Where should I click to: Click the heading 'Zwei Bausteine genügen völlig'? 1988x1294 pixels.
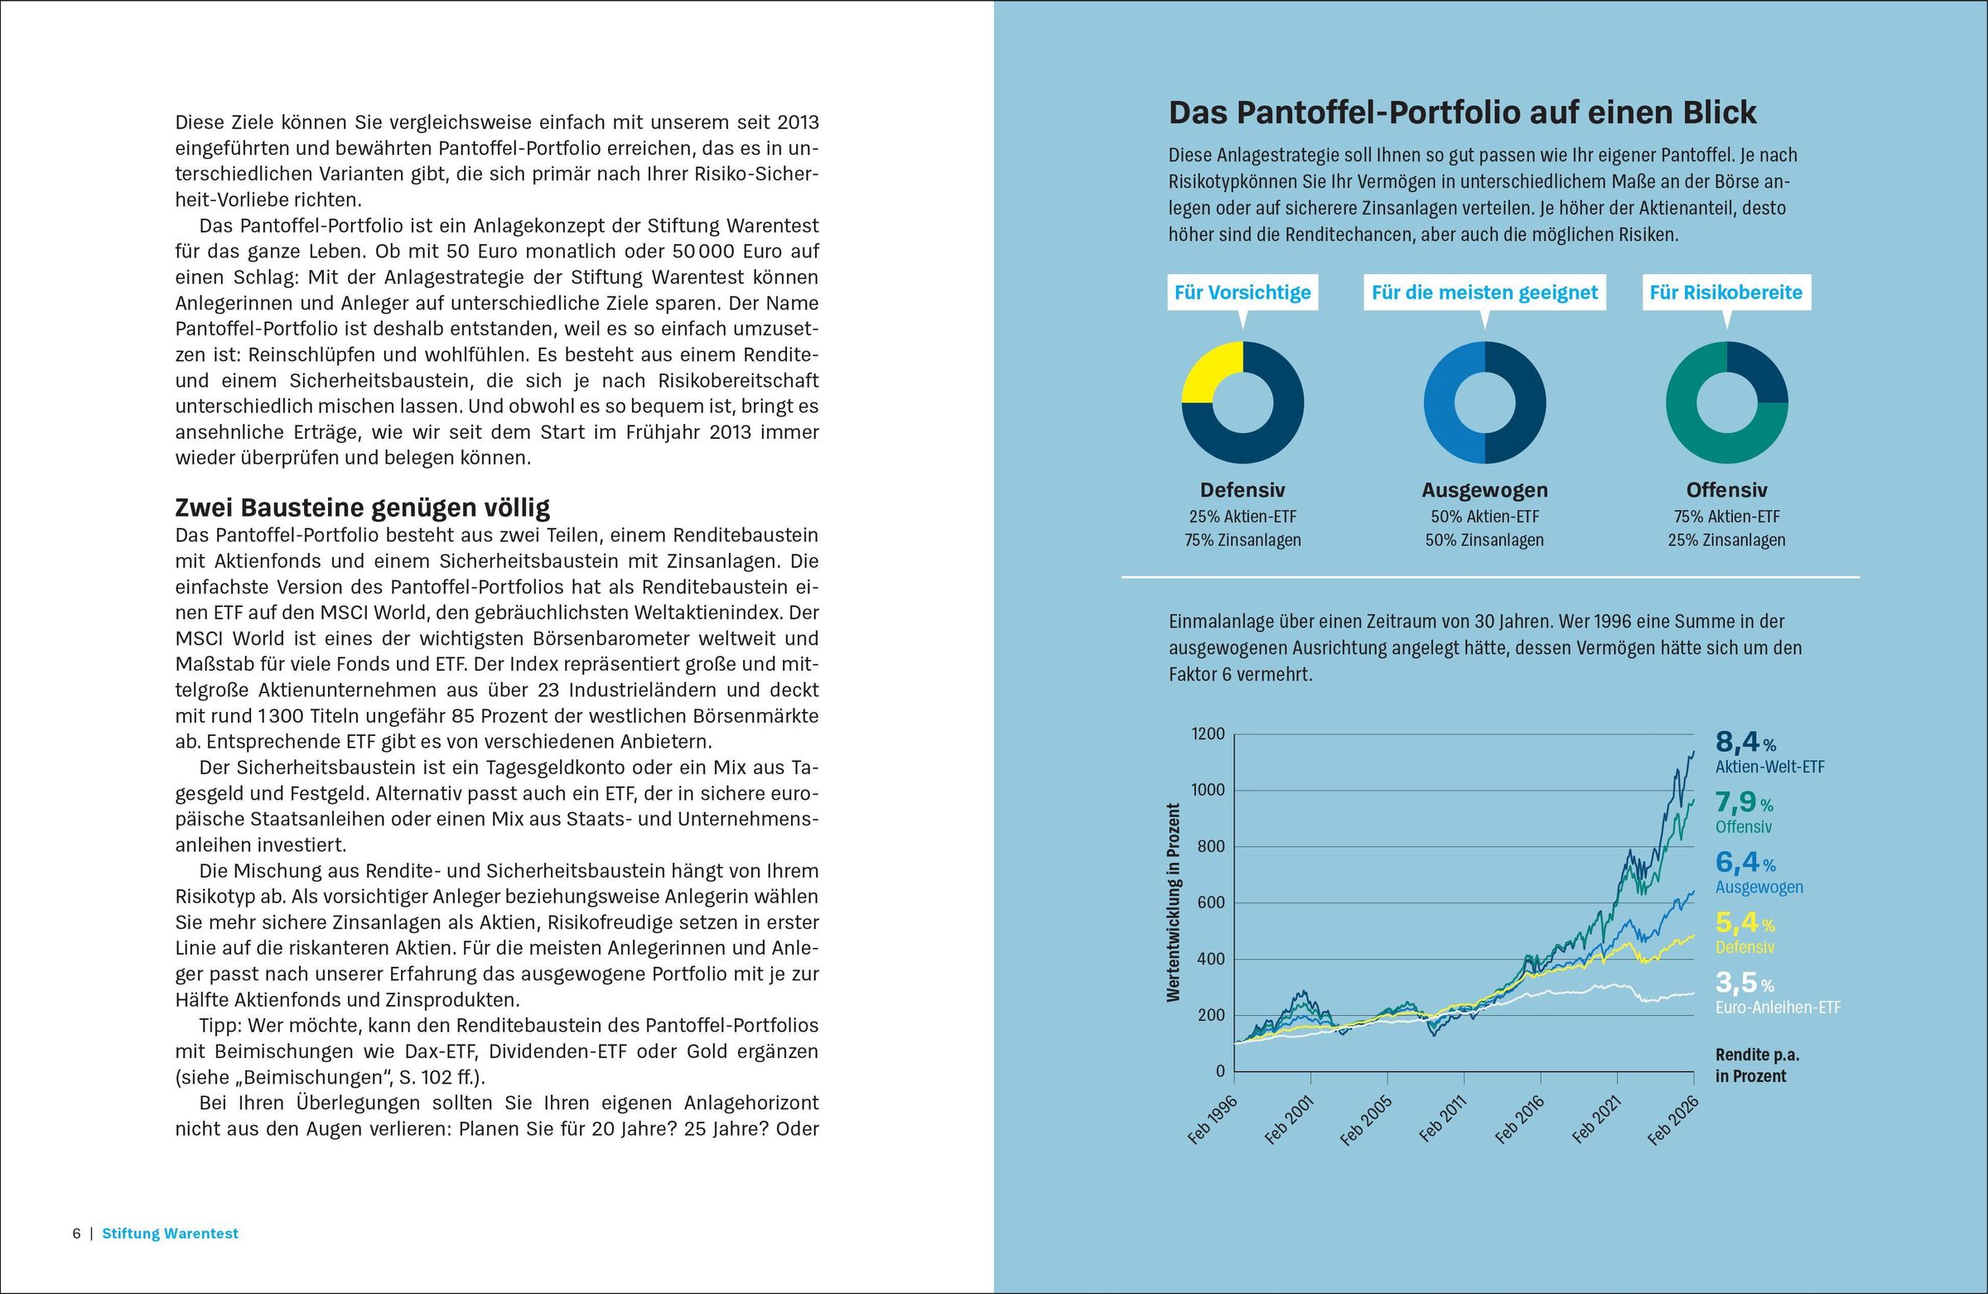pyautogui.click(x=363, y=507)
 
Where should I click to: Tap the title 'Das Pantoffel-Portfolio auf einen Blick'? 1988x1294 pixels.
pyautogui.click(x=1462, y=113)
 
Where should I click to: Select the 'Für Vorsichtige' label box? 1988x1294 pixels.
pyautogui.click(x=1242, y=293)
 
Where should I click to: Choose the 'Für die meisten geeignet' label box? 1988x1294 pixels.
pyautogui.click(x=1484, y=293)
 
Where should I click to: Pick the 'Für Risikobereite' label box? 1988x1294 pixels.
pyautogui.click(x=1725, y=293)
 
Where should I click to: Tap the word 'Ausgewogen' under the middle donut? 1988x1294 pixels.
pyautogui.click(x=1484, y=490)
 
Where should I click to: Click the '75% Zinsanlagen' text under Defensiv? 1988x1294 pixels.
pyautogui.click(x=1242, y=540)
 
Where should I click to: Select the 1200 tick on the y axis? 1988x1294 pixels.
pyautogui.click(x=1207, y=734)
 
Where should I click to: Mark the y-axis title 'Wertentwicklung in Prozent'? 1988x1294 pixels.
pyautogui.click(x=1174, y=902)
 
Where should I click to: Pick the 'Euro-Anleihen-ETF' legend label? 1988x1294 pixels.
pyautogui.click(x=1778, y=1008)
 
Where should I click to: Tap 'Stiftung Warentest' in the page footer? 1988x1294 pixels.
pyautogui.click(x=171, y=1234)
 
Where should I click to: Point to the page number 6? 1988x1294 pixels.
pyautogui.click(x=77, y=1234)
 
